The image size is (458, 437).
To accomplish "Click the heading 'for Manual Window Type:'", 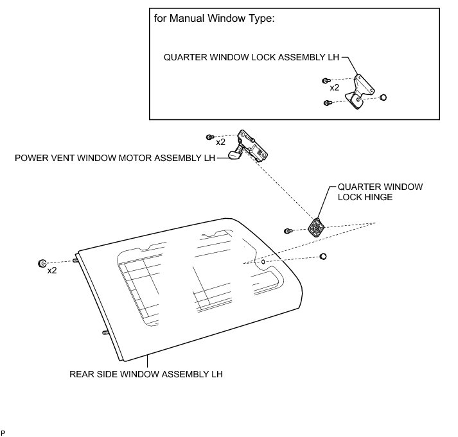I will point(215,19).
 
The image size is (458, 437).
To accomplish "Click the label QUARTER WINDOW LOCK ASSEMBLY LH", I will point(251,56).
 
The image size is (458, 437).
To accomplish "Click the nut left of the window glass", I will point(43,263).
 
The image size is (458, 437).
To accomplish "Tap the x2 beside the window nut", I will point(53,271).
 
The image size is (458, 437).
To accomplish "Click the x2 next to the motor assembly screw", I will point(220,142).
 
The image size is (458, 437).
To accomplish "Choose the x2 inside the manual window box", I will point(334,87).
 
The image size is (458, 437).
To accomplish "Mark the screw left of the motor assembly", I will point(209,137).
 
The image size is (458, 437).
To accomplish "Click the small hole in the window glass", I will point(263,262).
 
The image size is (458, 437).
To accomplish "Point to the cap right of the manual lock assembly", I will point(382,97).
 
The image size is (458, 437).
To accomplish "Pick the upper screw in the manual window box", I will point(326,81).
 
